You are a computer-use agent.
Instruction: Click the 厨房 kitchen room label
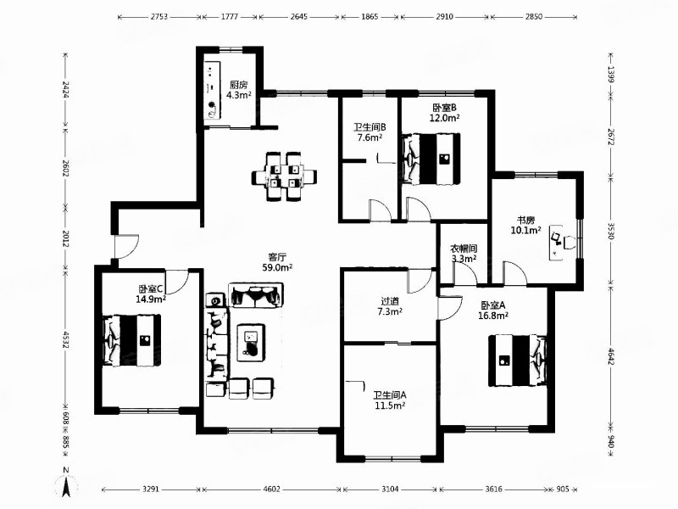pyautogui.click(x=239, y=86)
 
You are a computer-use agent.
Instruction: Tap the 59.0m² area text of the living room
pyautogui.click(x=277, y=267)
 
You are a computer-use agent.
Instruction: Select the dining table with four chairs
pyautogui.click(x=284, y=176)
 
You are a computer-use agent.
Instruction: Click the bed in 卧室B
pyautogui.click(x=431, y=159)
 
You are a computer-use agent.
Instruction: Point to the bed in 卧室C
pyautogui.click(x=131, y=340)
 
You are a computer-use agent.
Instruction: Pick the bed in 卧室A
pyautogui.click(x=517, y=360)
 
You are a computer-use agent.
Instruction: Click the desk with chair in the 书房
pyautogui.click(x=563, y=243)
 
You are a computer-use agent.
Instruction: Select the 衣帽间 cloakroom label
pyautogui.click(x=464, y=249)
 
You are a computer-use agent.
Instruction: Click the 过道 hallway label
pyautogui.click(x=390, y=301)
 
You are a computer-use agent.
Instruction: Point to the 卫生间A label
pyautogui.click(x=390, y=395)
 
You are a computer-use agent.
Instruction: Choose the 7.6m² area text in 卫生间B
pyautogui.click(x=370, y=137)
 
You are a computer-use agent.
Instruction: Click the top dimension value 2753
pyautogui.click(x=159, y=17)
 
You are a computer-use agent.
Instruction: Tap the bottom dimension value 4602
pyautogui.click(x=271, y=489)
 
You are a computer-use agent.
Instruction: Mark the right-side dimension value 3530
pyautogui.click(x=610, y=231)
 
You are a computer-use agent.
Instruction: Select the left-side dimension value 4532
pyautogui.click(x=66, y=340)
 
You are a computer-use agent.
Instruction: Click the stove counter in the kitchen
pyautogui.click(x=212, y=90)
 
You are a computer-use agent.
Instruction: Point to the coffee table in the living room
pyautogui.click(x=251, y=343)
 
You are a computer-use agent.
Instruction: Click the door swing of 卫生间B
pyautogui.click(x=380, y=210)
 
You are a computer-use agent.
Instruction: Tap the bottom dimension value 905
pyautogui.click(x=563, y=489)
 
